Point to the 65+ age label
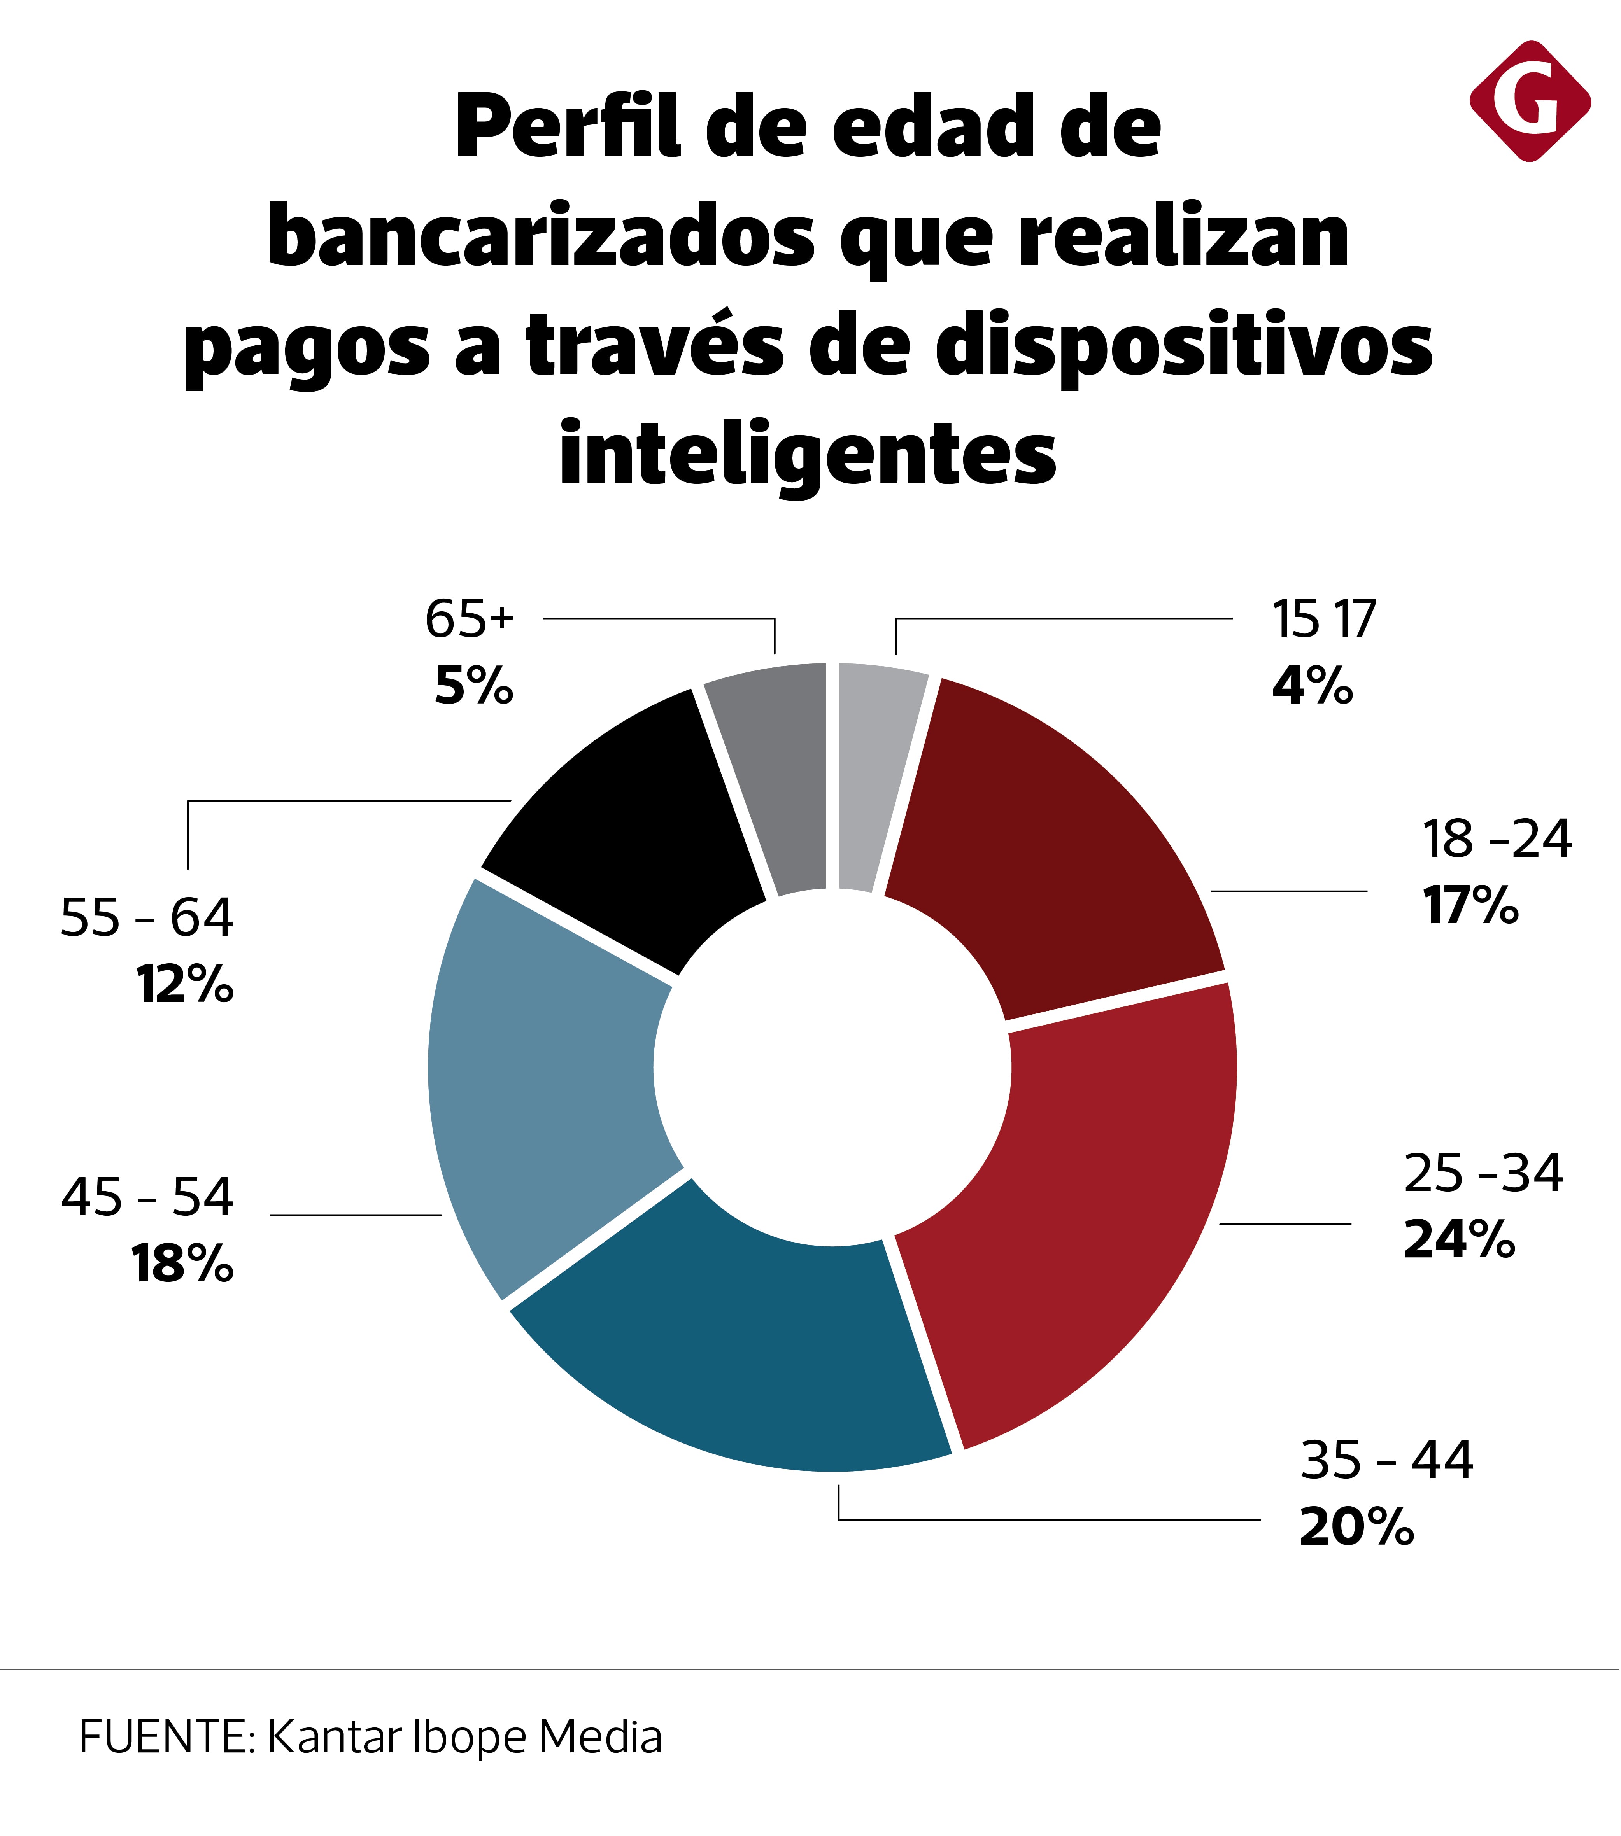[469, 620]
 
